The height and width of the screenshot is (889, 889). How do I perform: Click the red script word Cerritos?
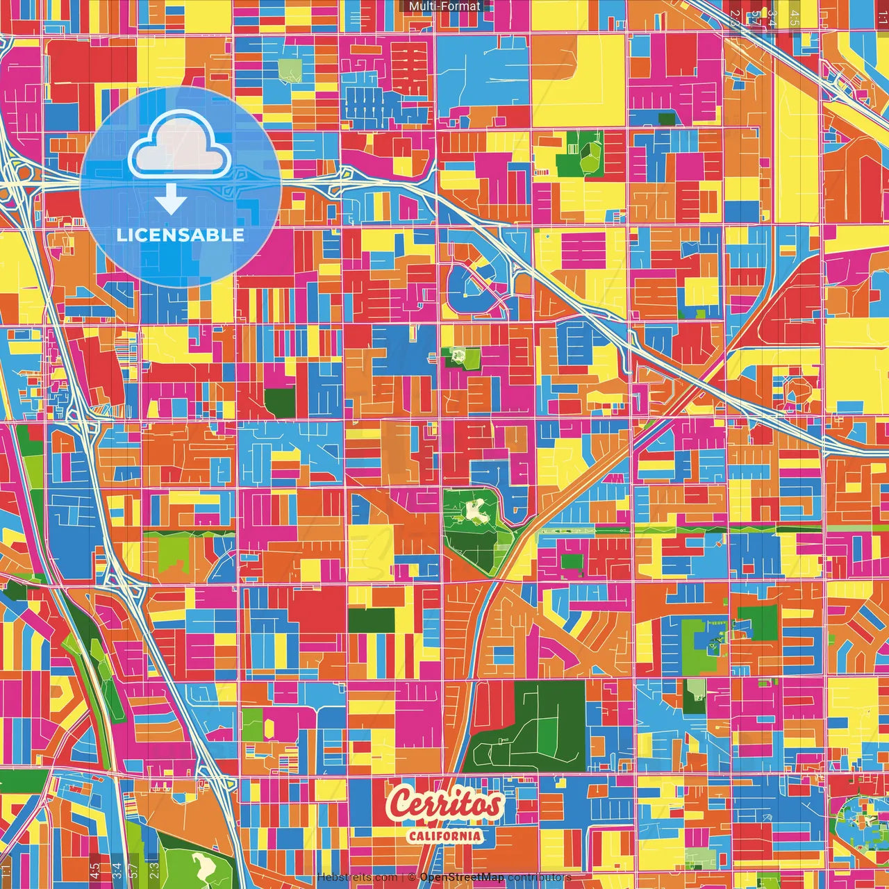click(444, 804)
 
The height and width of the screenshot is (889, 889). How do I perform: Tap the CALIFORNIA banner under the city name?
click(444, 836)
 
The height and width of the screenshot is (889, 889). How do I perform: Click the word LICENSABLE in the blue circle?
click(181, 235)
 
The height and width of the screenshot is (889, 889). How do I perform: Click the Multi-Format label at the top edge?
click(444, 6)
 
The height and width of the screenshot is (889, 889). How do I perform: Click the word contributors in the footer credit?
click(539, 877)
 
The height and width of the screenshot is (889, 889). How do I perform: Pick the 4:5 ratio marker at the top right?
click(795, 17)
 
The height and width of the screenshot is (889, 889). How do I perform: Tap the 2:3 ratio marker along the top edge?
click(735, 17)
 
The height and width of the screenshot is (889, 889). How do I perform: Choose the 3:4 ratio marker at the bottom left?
click(117, 870)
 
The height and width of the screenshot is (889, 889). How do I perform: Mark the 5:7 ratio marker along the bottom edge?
click(133, 870)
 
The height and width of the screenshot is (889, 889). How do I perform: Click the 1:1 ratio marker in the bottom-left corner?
click(6, 870)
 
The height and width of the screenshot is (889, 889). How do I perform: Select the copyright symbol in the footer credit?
click(412, 877)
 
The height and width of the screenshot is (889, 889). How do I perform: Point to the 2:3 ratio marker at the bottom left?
click(153, 870)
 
